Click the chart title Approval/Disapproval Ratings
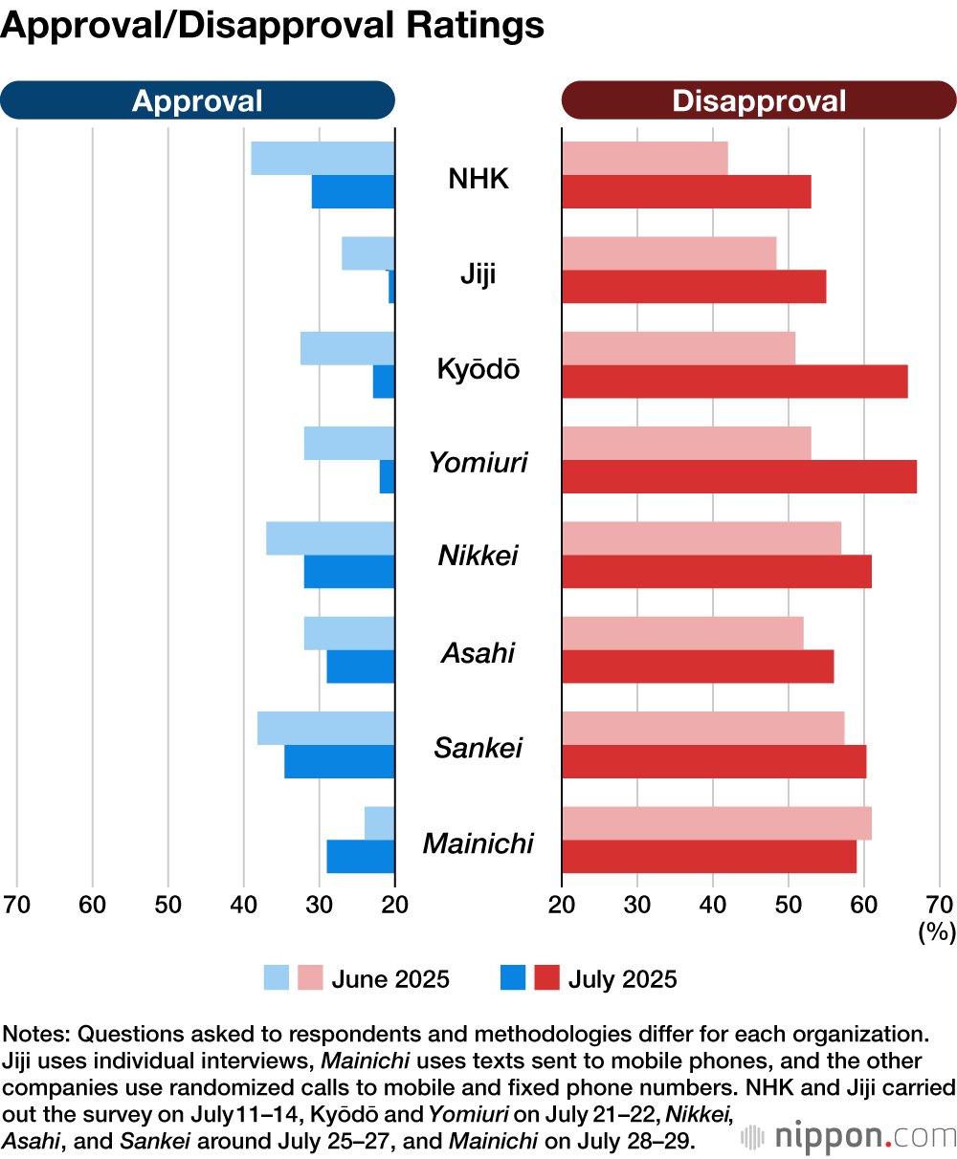pyautogui.click(x=273, y=26)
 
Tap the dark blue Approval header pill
pyautogui.click(x=197, y=100)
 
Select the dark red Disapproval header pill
pyautogui.click(x=759, y=100)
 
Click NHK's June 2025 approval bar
pyautogui.click(x=323, y=159)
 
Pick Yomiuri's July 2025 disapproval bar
pyautogui.click(x=739, y=476)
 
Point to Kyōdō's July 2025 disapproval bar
pyautogui.click(x=734, y=382)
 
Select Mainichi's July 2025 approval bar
pyautogui.click(x=361, y=856)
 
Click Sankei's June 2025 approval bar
pyautogui.click(x=325, y=728)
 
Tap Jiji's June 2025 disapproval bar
pyautogui.click(x=669, y=253)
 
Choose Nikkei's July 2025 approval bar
pyautogui.click(x=349, y=571)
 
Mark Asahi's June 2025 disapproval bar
pyautogui.click(x=682, y=633)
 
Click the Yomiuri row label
pyautogui.click(x=478, y=463)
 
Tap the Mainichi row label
pyautogui.click(x=478, y=843)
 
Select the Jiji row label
pyautogui.click(x=478, y=273)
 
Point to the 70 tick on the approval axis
pyautogui.click(x=17, y=904)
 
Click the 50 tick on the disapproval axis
pyautogui.click(x=788, y=904)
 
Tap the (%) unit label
pyautogui.click(x=936, y=931)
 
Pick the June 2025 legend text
pyautogui.click(x=390, y=979)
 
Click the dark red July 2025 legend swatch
pyautogui.click(x=546, y=978)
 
